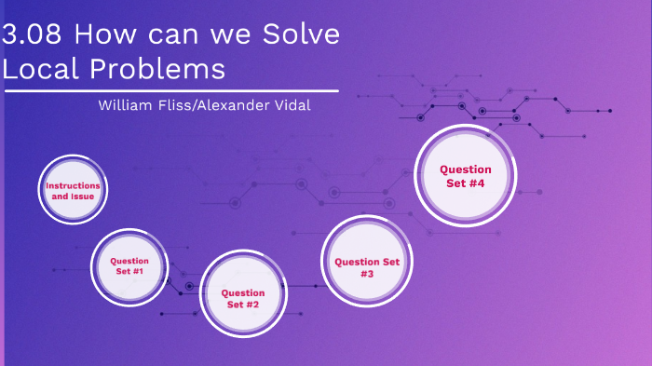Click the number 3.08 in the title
tap(33, 35)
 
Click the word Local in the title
tap(37, 69)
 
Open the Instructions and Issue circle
tap(73, 190)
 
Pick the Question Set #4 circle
tap(465, 175)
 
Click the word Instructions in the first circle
tap(73, 185)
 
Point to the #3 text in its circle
tap(367, 275)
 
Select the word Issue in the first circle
tap(83, 197)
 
